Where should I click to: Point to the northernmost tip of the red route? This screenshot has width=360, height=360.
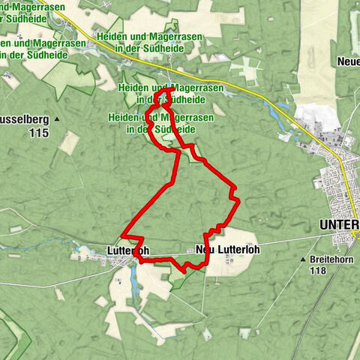point(172,89)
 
